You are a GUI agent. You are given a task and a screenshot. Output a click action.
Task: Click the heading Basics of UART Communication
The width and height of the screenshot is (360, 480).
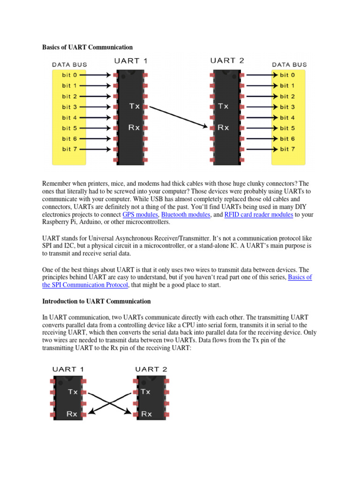[x=88, y=47]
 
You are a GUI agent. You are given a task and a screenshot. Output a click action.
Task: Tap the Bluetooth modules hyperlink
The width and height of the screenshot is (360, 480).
[x=185, y=215]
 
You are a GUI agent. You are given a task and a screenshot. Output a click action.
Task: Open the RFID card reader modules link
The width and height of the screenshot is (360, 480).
[x=259, y=215]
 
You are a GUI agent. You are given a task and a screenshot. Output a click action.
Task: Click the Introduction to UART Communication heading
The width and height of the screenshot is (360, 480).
[x=97, y=301]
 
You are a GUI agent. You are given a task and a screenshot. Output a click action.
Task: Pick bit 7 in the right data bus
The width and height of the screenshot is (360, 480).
[x=287, y=149]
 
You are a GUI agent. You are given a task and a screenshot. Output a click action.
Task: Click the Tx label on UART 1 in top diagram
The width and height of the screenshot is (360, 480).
[x=134, y=106]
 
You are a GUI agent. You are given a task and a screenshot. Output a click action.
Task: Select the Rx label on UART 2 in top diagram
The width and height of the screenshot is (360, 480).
[x=224, y=127]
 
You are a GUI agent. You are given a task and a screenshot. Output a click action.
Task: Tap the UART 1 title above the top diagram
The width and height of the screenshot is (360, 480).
[x=132, y=61]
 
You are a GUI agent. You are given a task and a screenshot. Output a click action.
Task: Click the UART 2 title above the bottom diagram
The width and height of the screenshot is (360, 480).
[x=151, y=369]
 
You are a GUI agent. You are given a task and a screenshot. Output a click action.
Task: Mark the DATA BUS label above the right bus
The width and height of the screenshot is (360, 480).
[x=290, y=64]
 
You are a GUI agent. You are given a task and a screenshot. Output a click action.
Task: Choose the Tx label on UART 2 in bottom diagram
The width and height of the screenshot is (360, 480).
[x=146, y=391]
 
